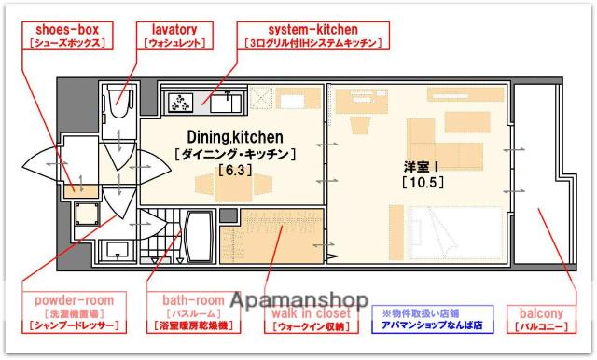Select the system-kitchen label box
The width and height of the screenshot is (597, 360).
[312, 35]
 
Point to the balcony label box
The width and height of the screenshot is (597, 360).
[541, 319]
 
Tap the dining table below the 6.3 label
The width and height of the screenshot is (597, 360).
[229, 190]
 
